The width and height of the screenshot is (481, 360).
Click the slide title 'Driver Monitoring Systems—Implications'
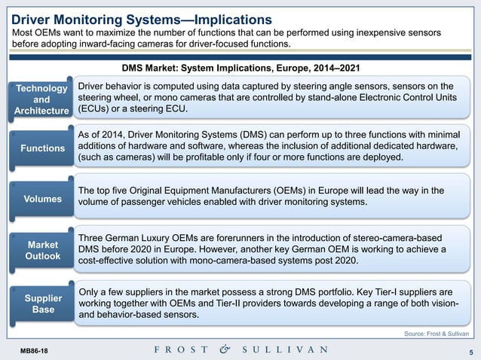141,18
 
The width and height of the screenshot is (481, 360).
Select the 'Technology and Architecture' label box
42,100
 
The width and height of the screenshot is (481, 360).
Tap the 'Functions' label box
42,148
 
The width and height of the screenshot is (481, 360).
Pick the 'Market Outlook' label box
42,252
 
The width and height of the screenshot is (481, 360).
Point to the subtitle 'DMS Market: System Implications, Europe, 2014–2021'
240,68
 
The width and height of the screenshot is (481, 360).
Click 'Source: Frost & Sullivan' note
437,332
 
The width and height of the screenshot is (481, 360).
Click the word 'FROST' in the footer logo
178,349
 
